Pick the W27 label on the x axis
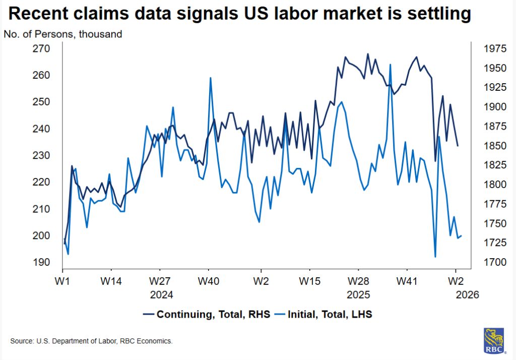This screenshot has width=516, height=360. (x=160, y=280)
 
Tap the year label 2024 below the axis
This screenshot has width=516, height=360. (x=161, y=294)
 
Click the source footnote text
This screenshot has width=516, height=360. (x=91, y=341)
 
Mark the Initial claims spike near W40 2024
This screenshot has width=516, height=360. (x=210, y=78)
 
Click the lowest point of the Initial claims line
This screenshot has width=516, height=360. (x=435, y=257)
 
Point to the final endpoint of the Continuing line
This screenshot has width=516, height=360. (x=458, y=146)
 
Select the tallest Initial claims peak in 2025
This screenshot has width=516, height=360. (x=390, y=65)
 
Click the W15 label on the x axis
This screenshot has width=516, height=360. (x=310, y=280)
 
